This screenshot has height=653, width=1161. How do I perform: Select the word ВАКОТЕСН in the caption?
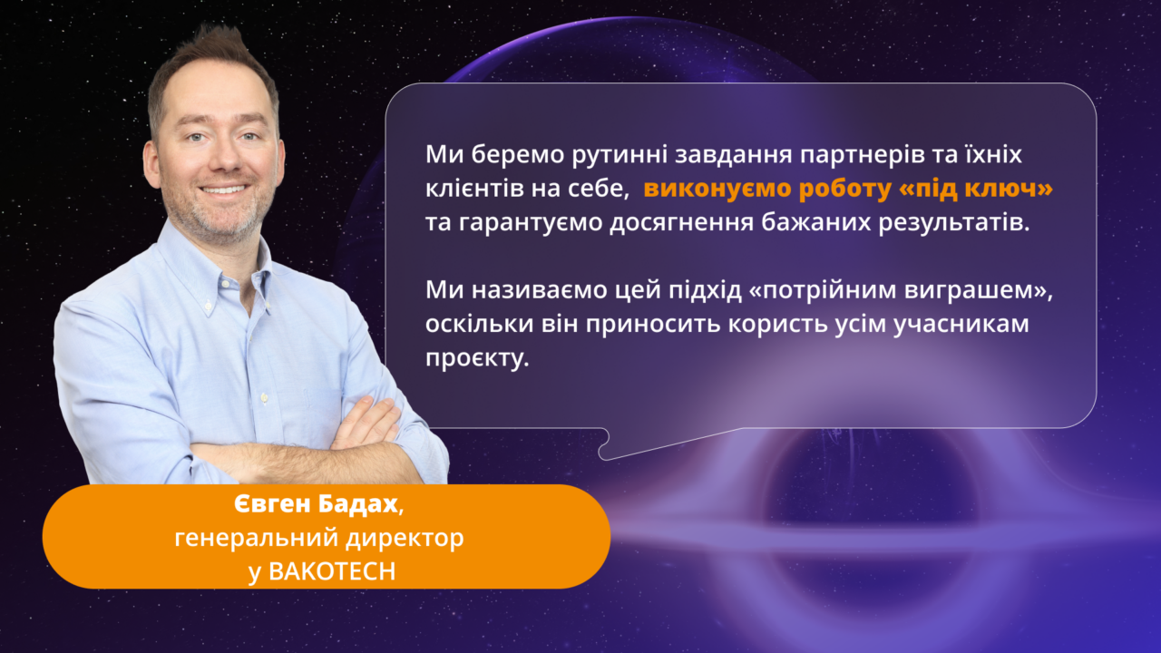point(332,571)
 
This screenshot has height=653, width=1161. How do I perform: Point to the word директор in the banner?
point(405,539)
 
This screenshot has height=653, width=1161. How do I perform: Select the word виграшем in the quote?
point(969,291)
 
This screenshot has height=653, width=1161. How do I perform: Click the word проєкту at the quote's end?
point(477,358)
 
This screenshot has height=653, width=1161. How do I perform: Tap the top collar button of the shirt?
point(225,284)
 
